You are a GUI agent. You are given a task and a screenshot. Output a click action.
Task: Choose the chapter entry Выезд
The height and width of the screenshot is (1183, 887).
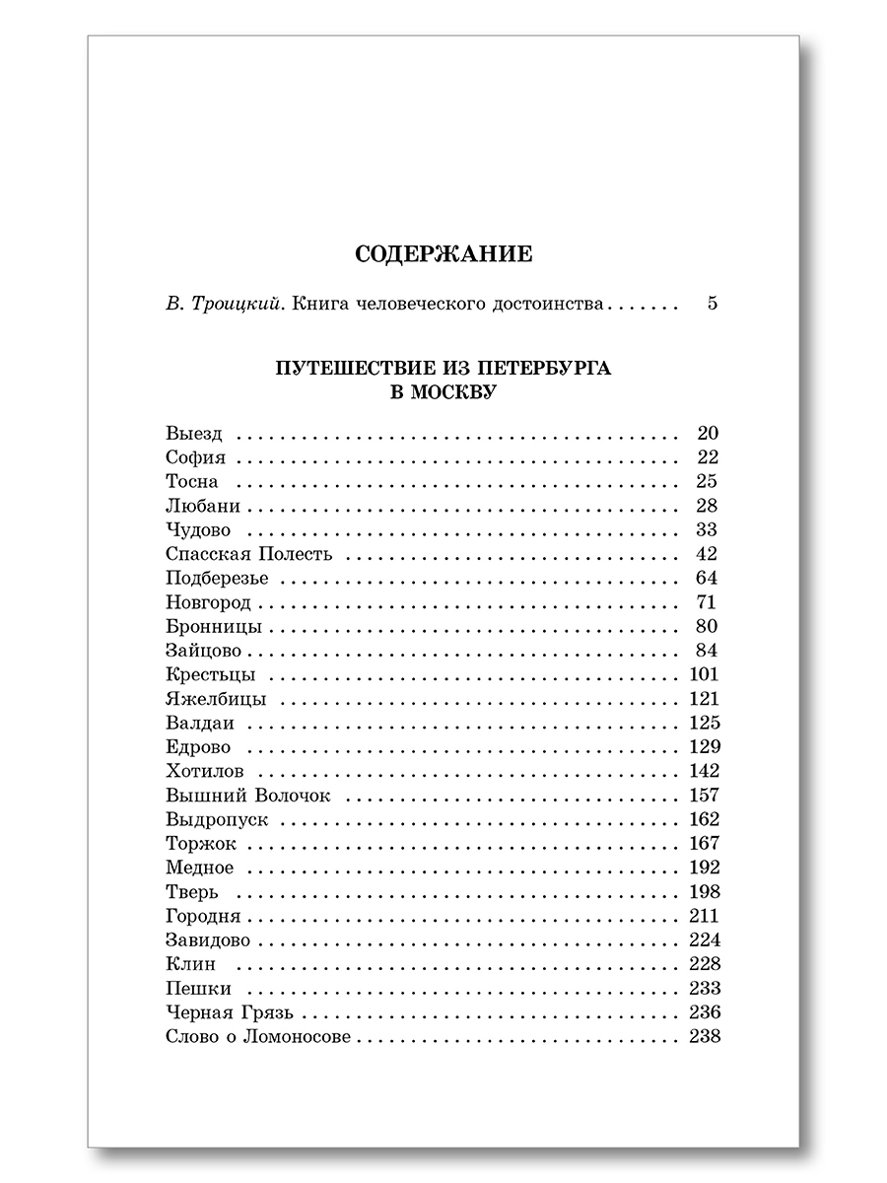coord(195,434)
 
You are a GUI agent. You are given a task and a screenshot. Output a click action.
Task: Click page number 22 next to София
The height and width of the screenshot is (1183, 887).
coord(707,457)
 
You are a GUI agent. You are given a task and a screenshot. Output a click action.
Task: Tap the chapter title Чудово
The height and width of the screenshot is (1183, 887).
coord(198,530)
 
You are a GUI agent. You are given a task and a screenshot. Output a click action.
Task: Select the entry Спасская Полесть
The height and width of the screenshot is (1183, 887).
coord(249,554)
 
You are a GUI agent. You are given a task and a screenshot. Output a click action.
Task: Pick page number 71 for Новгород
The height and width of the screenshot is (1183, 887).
coord(707,602)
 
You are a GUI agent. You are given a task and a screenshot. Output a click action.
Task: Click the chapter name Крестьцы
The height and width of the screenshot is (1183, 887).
coord(211,675)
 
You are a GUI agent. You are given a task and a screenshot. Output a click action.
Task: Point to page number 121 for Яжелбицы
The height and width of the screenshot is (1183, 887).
coord(700,699)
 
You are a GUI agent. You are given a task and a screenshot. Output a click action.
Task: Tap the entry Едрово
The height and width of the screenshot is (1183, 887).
coord(198,747)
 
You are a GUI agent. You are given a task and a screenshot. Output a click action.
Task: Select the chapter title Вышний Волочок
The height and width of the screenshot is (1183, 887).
coord(248,796)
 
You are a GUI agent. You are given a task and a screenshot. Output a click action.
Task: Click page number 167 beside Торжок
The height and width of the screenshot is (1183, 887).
coord(700,843)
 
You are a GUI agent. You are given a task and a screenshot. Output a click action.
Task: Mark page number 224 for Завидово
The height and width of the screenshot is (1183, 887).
coord(700,939)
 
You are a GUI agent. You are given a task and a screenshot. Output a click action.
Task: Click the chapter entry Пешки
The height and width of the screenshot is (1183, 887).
coord(199,989)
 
